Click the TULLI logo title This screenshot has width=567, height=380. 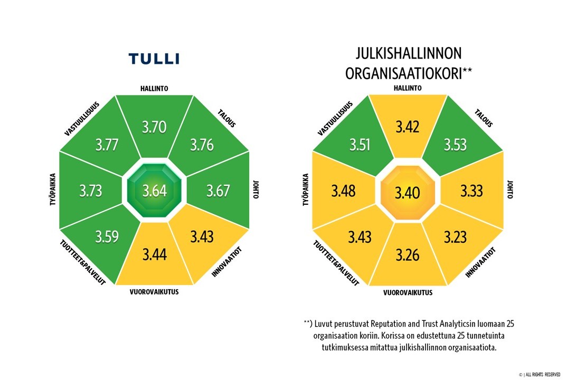click(x=154, y=58)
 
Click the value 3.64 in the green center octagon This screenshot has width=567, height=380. click(x=154, y=191)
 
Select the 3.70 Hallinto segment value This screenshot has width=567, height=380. click(x=154, y=127)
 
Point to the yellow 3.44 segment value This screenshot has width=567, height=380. click(x=154, y=255)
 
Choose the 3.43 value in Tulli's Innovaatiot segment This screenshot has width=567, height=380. click(x=202, y=236)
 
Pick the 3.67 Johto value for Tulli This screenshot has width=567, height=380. click(x=218, y=190)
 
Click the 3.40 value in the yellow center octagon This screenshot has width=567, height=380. click(x=407, y=193)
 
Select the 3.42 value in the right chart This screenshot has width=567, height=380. click(x=407, y=127)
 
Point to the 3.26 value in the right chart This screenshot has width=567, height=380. click(x=407, y=255)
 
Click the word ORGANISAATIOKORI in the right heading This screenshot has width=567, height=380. click(x=403, y=73)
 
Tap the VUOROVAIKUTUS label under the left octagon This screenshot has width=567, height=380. click(x=154, y=292)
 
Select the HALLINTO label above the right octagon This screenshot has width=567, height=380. click(x=407, y=88)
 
